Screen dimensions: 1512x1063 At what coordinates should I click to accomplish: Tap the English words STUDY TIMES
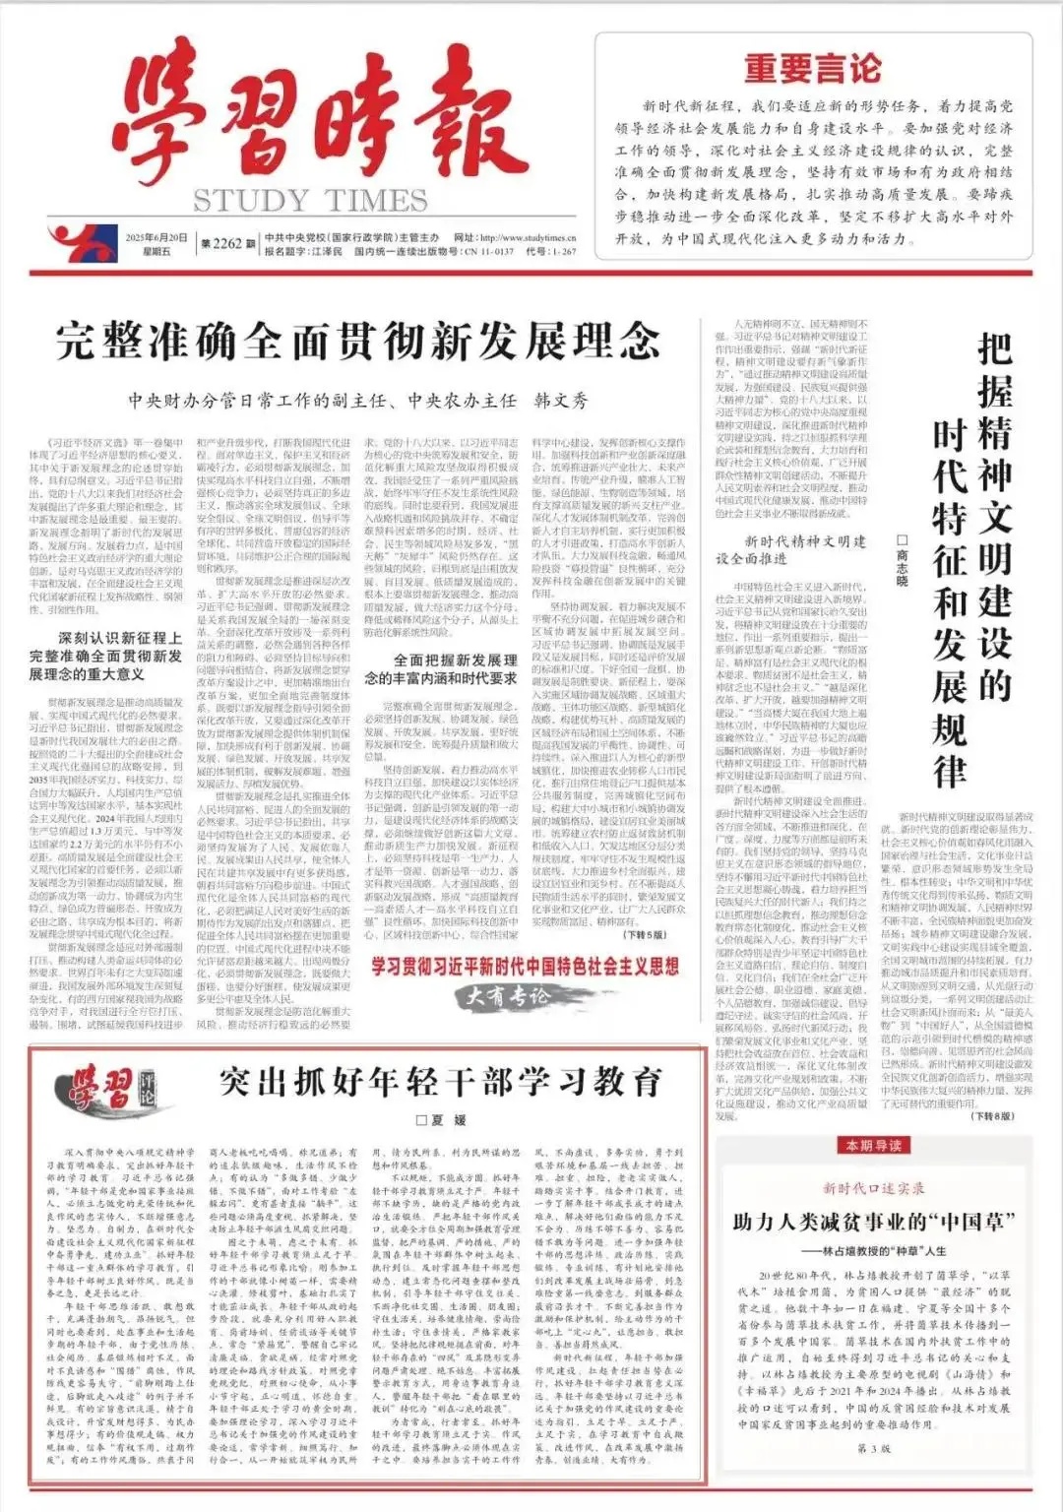(310, 201)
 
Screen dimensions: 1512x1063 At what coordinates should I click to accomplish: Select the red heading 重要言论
(812, 69)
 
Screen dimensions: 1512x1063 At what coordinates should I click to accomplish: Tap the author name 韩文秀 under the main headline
(560, 401)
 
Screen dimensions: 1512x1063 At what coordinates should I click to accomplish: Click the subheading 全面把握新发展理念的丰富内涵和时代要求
(441, 668)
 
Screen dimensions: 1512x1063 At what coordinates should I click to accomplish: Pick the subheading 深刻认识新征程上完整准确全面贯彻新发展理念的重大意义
(105, 656)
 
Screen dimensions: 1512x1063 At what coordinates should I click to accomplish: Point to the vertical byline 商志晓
(902, 561)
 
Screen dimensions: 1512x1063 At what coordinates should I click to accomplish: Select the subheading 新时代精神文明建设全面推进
(791, 550)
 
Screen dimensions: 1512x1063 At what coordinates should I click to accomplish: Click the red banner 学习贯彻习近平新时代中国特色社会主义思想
(525, 966)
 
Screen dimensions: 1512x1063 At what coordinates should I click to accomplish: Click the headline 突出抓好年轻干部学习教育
(440, 1082)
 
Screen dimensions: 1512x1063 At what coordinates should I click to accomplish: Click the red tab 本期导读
(873, 1145)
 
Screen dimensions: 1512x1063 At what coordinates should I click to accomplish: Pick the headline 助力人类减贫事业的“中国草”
(873, 1222)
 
